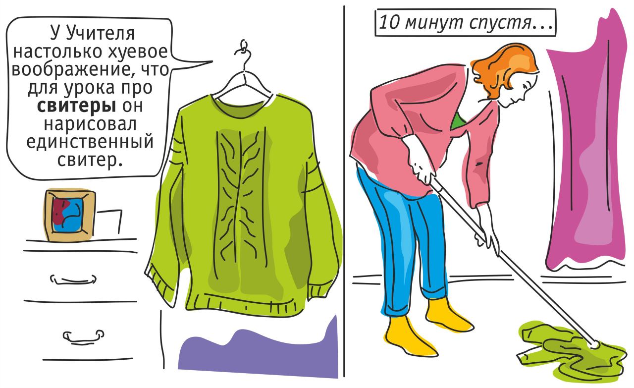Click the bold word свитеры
pos(76,106)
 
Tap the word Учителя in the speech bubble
pos(100,33)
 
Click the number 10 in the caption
pos(389,22)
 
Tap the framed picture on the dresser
pos(69,215)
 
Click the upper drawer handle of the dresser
pos(73,279)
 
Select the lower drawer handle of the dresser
pos(84,336)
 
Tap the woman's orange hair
pos(506,66)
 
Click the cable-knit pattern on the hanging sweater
pos(240,198)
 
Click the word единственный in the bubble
pos(90,142)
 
